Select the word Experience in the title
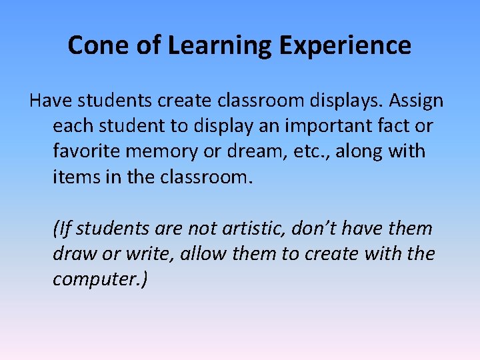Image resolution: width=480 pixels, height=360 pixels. [x=345, y=45]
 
